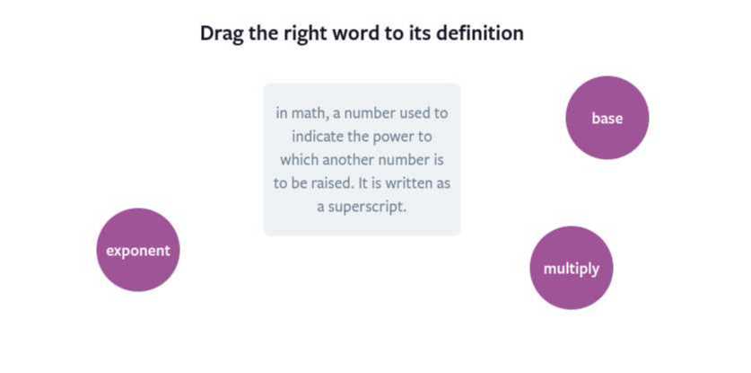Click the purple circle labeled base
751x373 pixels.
607,118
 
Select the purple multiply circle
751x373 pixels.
571,268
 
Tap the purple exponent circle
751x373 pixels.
137,250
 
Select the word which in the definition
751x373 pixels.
301,160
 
